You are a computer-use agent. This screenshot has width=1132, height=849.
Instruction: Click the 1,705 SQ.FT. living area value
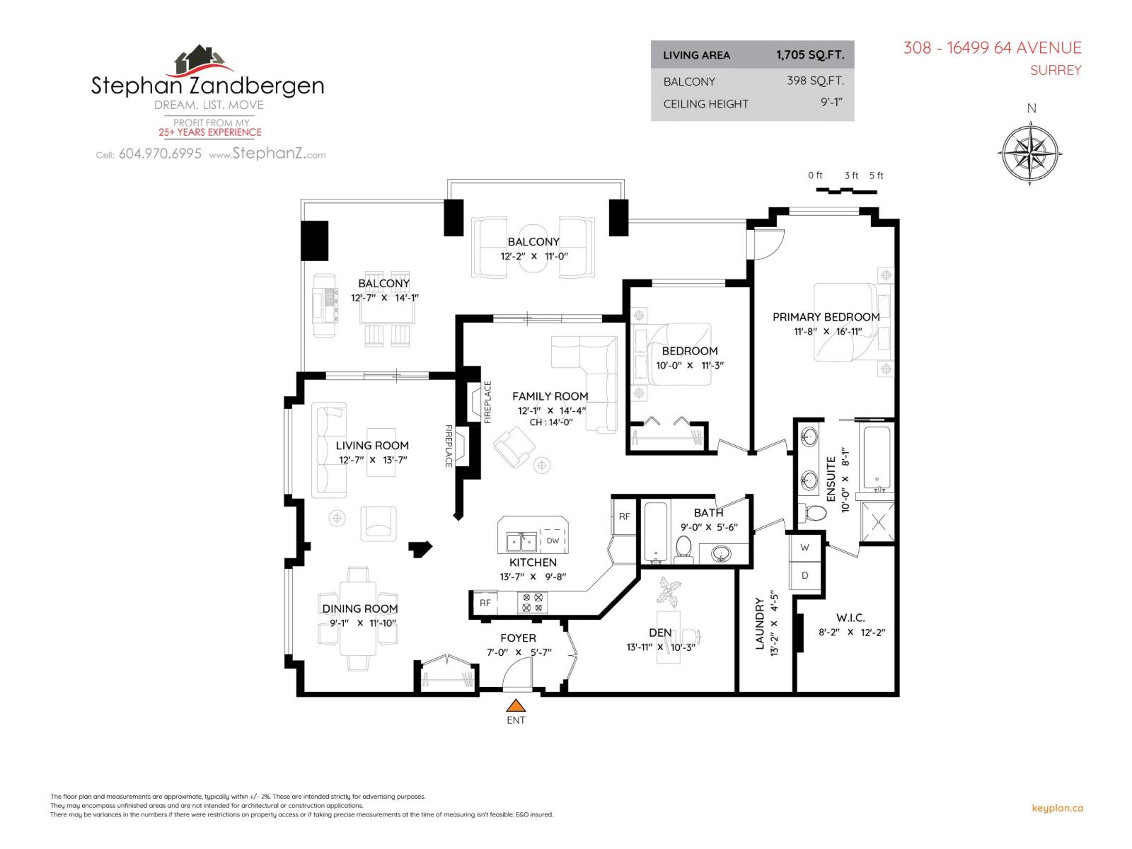pyautogui.click(x=809, y=55)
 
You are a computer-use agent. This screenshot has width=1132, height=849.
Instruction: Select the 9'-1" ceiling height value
pyautogui.click(x=831, y=103)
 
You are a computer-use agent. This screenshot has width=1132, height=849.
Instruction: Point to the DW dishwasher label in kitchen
pyautogui.click(x=553, y=541)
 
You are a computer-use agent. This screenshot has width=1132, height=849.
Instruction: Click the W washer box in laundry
pyautogui.click(x=804, y=548)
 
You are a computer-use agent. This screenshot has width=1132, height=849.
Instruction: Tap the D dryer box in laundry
pyautogui.click(x=804, y=575)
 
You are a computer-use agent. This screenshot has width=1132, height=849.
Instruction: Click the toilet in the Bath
pyautogui.click(x=683, y=548)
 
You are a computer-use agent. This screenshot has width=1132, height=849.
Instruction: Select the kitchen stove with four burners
pyautogui.click(x=532, y=603)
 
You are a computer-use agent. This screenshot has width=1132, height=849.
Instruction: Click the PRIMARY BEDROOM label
pyautogui.click(x=826, y=317)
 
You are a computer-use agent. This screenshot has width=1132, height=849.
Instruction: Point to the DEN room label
pyautogui.click(x=660, y=633)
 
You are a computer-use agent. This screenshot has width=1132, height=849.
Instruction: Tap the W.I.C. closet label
pyautogui.click(x=850, y=618)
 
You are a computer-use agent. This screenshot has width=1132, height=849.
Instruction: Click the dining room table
pyautogui.click(x=359, y=617)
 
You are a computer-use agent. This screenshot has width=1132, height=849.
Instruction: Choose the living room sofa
pyautogui.click(x=329, y=449)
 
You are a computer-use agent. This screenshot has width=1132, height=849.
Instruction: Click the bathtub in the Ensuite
pyautogui.click(x=877, y=458)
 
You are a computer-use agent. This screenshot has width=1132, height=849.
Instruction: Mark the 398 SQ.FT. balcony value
pyautogui.click(x=815, y=81)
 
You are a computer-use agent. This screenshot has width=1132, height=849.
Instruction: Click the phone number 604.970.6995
pyautogui.click(x=160, y=154)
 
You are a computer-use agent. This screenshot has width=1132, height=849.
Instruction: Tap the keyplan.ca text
pyautogui.click(x=1058, y=808)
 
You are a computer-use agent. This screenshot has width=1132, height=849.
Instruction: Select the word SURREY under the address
pyautogui.click(x=1056, y=70)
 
